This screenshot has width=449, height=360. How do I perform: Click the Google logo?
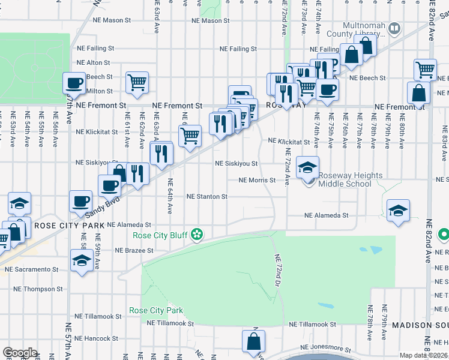click(19, 352)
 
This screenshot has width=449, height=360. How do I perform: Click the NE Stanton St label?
click(206, 196)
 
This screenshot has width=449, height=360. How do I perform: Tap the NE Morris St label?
click(257, 180)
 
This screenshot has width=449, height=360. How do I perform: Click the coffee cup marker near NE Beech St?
click(74, 82)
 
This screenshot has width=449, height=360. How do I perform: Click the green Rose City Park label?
click(155, 311)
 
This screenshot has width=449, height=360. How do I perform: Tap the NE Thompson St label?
click(39, 289)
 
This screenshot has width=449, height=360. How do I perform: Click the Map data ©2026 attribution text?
click(423, 355)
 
